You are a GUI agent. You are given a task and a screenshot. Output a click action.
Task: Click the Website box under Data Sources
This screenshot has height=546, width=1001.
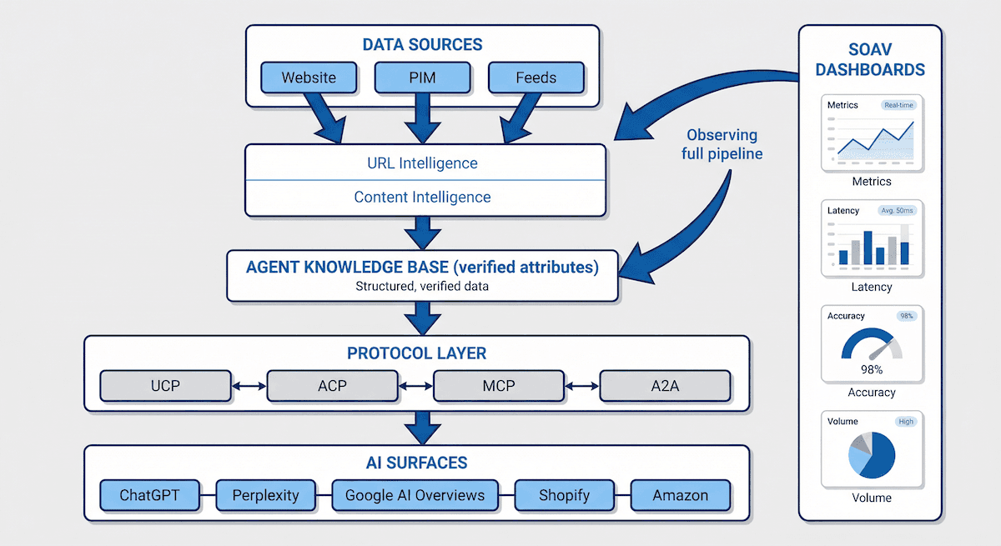click(x=309, y=78)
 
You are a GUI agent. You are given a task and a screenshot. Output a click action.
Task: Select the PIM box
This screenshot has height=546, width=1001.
click(x=422, y=78)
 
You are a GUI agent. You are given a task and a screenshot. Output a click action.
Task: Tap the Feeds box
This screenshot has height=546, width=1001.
click(x=536, y=78)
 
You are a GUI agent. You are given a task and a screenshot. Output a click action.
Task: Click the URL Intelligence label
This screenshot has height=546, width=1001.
click(x=423, y=163)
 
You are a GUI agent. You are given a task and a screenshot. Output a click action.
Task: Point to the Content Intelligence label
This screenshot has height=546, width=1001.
click(x=422, y=198)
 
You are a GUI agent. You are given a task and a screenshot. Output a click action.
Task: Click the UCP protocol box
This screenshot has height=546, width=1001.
click(x=165, y=386)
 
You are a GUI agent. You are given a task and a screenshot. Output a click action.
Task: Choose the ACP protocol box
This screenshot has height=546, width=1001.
click(x=332, y=386)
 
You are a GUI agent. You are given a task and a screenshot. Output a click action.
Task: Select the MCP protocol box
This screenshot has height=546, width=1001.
click(x=499, y=386)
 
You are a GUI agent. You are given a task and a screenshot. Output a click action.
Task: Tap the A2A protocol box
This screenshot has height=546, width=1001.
click(x=665, y=386)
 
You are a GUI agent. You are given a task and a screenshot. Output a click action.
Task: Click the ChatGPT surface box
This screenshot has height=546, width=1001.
click(x=149, y=495)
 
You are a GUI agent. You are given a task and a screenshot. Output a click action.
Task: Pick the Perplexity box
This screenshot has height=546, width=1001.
click(x=265, y=495)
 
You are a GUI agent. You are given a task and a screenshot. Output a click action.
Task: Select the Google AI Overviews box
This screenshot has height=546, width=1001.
click(x=415, y=495)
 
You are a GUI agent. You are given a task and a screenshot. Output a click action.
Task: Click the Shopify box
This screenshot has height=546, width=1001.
click(x=563, y=495)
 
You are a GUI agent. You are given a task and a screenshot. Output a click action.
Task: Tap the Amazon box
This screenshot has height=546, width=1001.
click(x=680, y=495)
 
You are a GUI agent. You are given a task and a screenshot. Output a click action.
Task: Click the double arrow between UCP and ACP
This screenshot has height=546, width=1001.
click(x=249, y=386)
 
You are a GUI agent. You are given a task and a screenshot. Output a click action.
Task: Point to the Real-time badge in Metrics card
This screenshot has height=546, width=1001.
click(x=898, y=105)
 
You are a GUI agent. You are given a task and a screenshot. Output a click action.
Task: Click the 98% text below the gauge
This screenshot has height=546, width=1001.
click(x=871, y=368)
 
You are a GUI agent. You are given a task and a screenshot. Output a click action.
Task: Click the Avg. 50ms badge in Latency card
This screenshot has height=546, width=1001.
click(x=896, y=211)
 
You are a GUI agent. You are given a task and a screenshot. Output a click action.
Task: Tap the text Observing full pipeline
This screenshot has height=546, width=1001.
click(x=722, y=144)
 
